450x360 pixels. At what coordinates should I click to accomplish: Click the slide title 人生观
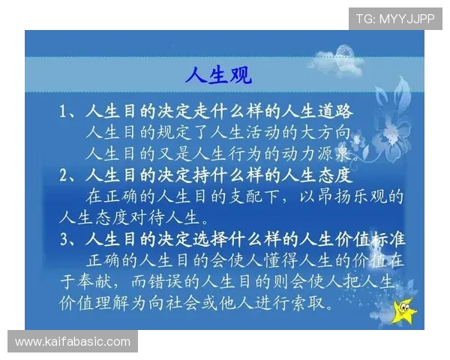tap(217, 75)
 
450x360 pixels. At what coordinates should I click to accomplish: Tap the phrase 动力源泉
tap(315, 155)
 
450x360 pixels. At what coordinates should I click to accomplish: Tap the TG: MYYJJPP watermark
tap(395, 18)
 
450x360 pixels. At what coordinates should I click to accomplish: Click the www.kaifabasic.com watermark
tap(73, 342)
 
